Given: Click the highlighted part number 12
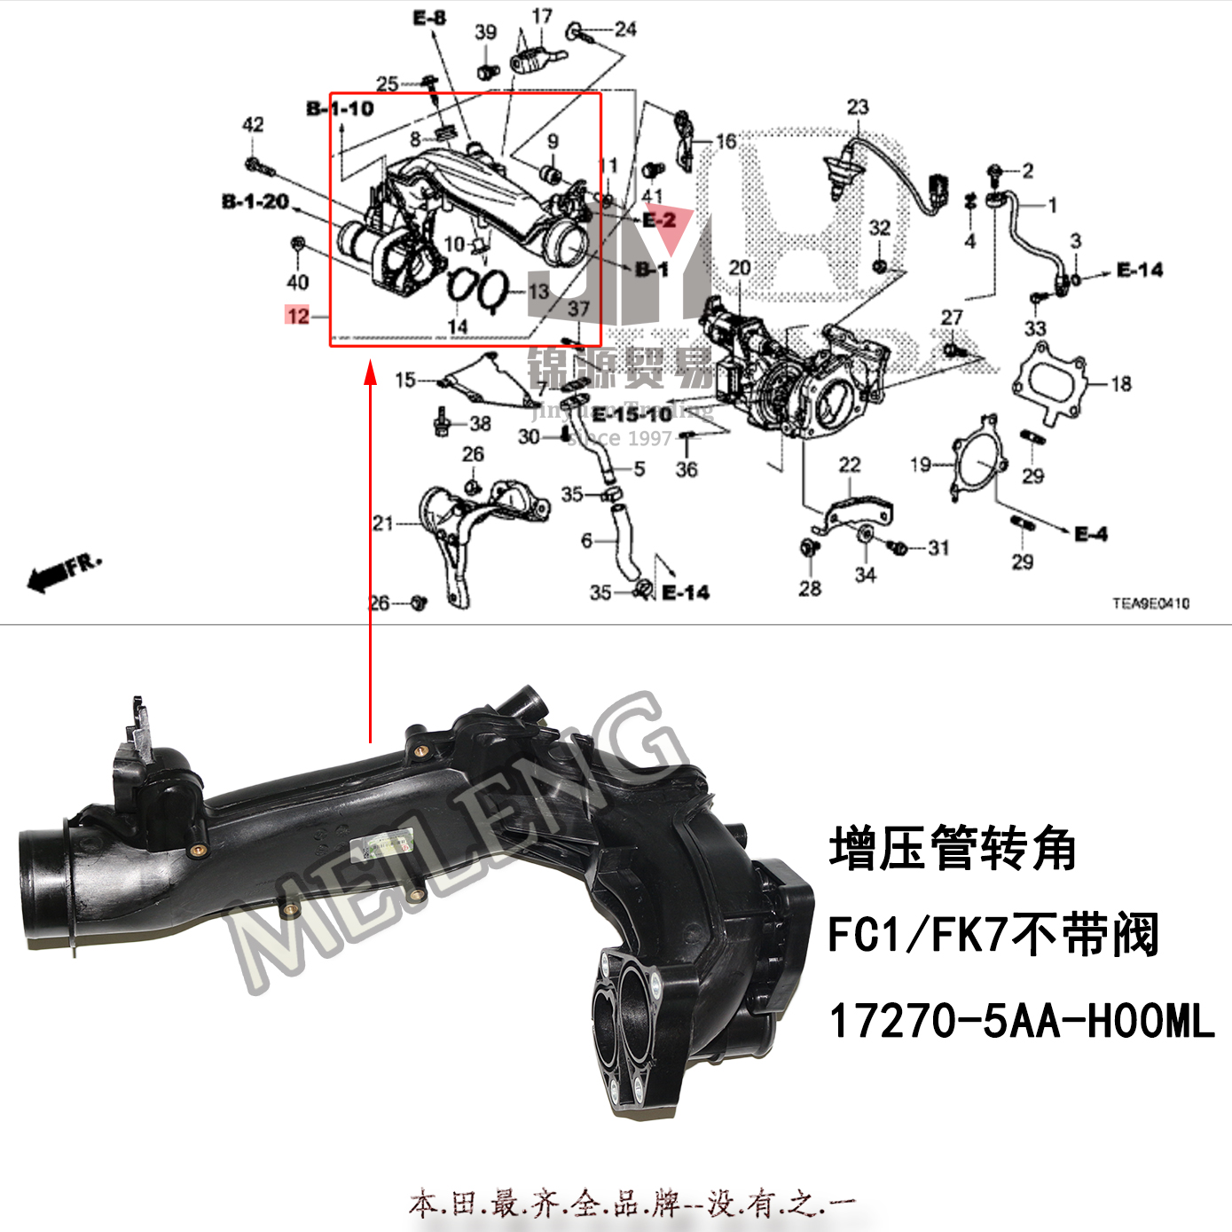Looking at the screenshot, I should [x=297, y=316].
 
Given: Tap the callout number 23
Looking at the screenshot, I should [x=857, y=107].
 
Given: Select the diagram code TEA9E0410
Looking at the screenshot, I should [x=1150, y=603].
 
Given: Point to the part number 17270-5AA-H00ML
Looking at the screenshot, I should [x=1021, y=1021].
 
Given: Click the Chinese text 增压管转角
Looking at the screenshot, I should [x=953, y=849].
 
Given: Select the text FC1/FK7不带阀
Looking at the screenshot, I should [x=993, y=935].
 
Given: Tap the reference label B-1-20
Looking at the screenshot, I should [x=255, y=202].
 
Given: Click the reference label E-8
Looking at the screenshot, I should [x=429, y=18].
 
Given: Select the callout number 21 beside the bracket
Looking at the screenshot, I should [x=382, y=523].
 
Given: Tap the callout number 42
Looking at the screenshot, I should [x=253, y=124].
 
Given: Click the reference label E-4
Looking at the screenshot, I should [x=1090, y=534].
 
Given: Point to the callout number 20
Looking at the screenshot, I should [x=739, y=267].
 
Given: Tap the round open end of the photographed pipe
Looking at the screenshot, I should [x=43, y=891].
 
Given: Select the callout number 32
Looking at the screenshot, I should [x=879, y=228].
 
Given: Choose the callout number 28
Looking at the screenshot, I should [x=810, y=588].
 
